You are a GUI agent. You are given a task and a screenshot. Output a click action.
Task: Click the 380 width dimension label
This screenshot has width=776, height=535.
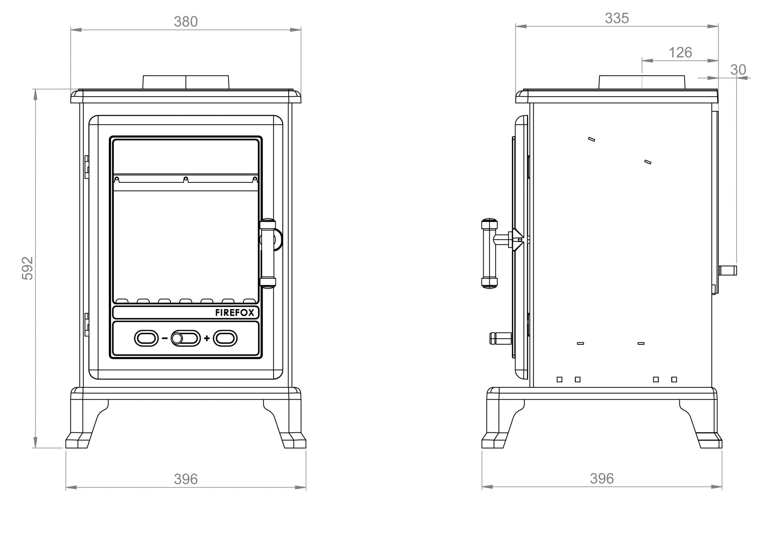[186, 22]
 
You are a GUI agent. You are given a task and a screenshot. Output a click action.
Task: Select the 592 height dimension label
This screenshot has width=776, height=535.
[28, 268]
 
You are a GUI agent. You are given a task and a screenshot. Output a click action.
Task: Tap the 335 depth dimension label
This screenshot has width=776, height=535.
[617, 18]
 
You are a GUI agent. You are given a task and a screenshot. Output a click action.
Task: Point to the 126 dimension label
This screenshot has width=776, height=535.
[680, 53]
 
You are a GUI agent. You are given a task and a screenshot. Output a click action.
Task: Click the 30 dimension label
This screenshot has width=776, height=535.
[738, 70]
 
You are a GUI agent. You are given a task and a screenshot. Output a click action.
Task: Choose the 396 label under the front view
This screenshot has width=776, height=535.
[186, 479]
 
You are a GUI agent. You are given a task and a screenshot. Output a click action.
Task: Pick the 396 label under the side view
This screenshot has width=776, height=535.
[601, 478]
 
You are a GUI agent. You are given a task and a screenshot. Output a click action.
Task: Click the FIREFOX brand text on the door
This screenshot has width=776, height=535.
[234, 313]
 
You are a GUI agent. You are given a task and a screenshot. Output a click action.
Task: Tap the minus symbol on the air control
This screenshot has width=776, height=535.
[165, 338]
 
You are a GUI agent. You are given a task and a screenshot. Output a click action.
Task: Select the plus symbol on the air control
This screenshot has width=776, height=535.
[206, 338]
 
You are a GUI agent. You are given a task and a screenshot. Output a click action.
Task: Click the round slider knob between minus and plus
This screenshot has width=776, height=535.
[177, 339]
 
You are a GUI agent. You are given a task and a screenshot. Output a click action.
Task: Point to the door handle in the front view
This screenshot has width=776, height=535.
[268, 253]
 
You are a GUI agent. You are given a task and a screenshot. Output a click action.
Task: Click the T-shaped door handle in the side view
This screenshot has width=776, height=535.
[490, 253]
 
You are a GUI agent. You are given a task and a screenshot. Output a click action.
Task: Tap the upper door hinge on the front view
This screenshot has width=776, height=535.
[86, 167]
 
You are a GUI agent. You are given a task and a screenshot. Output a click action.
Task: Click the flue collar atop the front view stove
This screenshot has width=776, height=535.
[186, 82]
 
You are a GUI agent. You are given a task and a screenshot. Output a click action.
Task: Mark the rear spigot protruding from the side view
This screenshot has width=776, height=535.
[728, 270]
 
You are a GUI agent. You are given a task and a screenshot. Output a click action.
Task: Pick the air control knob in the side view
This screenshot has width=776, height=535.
[500, 339]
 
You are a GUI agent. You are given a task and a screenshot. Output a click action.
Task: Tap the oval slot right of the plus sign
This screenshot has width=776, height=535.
[225, 338]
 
